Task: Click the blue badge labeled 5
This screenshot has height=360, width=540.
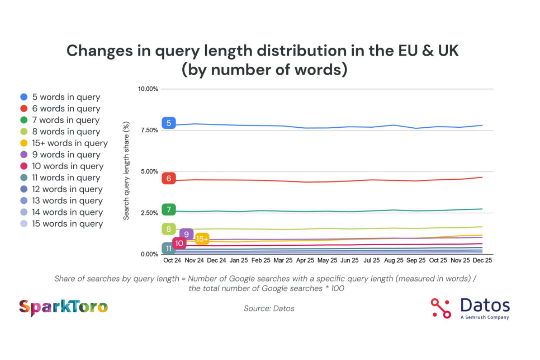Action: (168, 123)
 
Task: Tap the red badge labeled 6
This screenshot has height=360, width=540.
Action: (168, 178)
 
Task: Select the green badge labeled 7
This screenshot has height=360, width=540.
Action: (168, 209)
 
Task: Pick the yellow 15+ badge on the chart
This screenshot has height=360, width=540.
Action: (202, 239)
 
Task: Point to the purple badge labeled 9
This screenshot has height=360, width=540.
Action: (186, 234)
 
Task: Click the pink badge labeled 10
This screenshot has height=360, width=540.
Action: (179, 243)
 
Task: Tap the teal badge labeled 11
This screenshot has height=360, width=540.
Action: (168, 248)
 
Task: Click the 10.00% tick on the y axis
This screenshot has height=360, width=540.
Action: (148, 89)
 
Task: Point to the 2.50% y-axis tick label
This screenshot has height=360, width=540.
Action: (149, 213)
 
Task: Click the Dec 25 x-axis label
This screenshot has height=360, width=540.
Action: (482, 261)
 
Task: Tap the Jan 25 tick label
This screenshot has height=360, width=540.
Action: (238, 261)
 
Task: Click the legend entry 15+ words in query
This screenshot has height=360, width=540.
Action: (70, 143)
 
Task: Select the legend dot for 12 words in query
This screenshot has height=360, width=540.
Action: (24, 189)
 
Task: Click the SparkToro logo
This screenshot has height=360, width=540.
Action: (63, 307)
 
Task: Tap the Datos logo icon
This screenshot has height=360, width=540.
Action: (441, 308)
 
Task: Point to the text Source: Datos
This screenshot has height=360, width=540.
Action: (269, 308)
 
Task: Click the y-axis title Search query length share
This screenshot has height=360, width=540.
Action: (126, 171)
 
